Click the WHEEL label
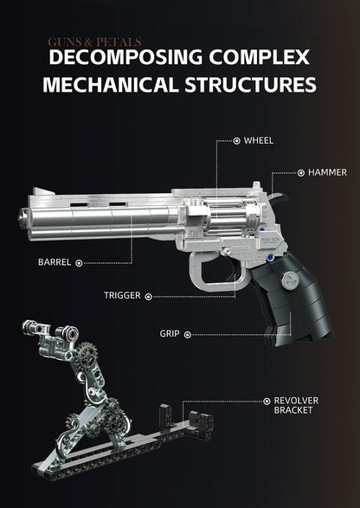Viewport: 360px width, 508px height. (260, 139)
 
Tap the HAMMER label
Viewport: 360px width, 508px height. (327, 172)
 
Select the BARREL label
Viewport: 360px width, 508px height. (53, 261)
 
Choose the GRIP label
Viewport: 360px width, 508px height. (169, 333)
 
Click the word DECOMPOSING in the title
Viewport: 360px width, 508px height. (120, 59)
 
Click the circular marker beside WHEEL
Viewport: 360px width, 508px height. (236, 139)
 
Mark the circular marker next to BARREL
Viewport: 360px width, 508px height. (80, 261)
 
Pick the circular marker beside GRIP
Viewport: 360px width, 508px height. (187, 333)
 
